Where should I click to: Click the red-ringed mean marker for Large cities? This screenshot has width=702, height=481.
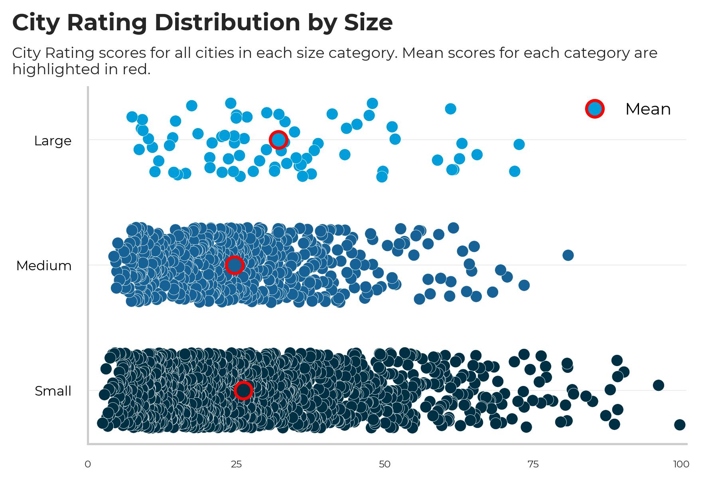[278, 140]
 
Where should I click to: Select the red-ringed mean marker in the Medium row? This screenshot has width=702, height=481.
[235, 265]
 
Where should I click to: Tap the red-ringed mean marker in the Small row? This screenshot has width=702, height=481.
[243, 390]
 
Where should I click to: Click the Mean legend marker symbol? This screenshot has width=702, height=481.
[595, 109]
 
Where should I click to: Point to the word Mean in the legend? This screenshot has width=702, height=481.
[648, 109]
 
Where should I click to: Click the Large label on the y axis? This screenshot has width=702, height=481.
[53, 141]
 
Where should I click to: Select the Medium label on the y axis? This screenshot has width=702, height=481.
[44, 266]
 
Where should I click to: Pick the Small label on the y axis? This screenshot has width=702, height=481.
[53, 391]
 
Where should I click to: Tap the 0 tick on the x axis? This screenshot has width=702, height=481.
[88, 464]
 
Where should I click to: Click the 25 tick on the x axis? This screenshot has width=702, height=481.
[236, 464]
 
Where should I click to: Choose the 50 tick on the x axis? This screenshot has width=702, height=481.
[385, 464]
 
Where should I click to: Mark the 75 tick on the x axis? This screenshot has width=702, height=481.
[533, 464]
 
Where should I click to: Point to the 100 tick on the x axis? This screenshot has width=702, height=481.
[681, 464]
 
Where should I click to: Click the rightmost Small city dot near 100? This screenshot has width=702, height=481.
[680, 424]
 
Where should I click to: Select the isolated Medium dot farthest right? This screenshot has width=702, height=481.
[568, 255]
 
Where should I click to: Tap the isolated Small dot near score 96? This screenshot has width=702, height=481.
[659, 385]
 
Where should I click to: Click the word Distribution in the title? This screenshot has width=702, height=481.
[228, 22]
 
